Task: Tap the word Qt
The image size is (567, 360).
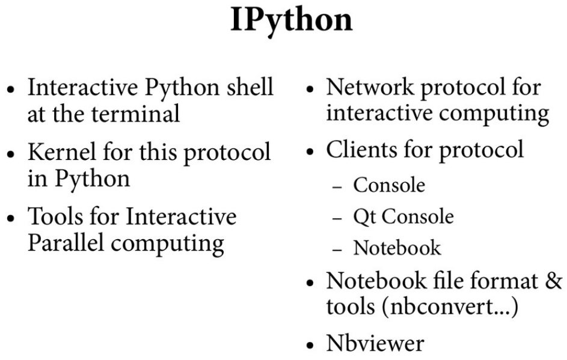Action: (363, 216)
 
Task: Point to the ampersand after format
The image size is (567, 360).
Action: (554, 281)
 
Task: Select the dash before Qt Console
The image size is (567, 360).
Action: (339, 218)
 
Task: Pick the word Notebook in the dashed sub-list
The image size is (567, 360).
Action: (397, 248)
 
